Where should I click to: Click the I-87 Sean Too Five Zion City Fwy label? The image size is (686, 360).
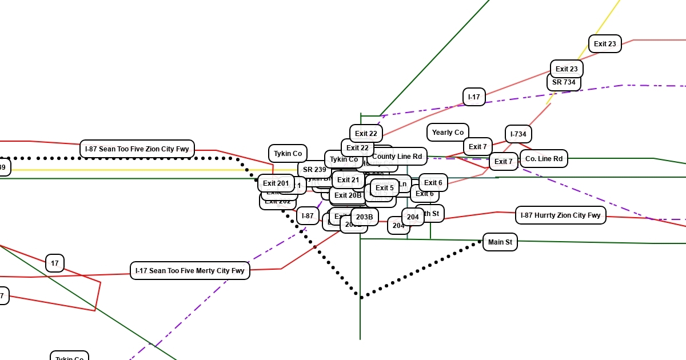pyautogui.click(x=137, y=149)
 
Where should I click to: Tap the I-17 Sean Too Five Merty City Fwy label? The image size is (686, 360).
pyautogui.click(x=190, y=270)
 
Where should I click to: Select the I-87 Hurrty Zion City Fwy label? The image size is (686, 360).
pyautogui.click(x=560, y=215)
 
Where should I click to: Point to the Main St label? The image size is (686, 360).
pyautogui.click(x=500, y=242)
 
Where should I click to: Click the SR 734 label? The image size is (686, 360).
pyautogui.click(x=564, y=82)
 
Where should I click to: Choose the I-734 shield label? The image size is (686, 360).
pyautogui.click(x=519, y=134)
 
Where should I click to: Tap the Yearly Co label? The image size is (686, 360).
pyautogui.click(x=448, y=133)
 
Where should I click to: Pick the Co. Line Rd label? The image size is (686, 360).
pyautogui.click(x=544, y=159)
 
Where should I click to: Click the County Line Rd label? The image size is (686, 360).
pyautogui.click(x=397, y=157)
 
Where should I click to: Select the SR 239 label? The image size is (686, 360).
pyautogui.click(x=314, y=170)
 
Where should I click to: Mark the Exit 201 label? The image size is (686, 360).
pyautogui.click(x=276, y=183)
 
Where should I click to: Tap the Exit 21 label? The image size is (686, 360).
pyautogui.click(x=348, y=180)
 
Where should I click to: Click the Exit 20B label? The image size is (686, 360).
pyautogui.click(x=348, y=195)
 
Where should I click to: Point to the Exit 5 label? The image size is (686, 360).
pyautogui.click(x=385, y=188)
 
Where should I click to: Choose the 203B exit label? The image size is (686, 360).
pyautogui.click(x=365, y=217)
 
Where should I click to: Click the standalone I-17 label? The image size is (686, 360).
pyautogui.click(x=474, y=97)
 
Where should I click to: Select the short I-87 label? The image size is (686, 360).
pyautogui.click(x=308, y=216)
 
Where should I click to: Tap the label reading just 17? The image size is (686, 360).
pyautogui.click(x=55, y=263)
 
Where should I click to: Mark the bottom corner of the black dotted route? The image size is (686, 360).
pyautogui.click(x=361, y=297)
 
